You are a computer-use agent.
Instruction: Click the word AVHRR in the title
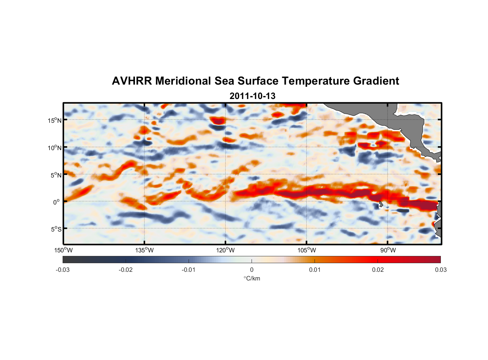(x=131, y=81)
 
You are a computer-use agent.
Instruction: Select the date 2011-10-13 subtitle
(x=252, y=96)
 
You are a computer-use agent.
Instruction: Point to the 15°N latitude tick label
(x=55, y=120)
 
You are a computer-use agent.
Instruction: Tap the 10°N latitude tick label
(x=55, y=148)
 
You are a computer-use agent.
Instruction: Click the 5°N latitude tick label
(x=56, y=175)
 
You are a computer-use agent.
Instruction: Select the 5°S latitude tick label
(x=56, y=229)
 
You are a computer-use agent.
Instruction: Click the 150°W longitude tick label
(x=63, y=250)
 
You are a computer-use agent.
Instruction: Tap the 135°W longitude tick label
(x=144, y=250)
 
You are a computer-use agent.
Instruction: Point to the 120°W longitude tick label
(x=225, y=250)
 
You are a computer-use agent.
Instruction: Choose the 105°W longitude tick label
(x=307, y=250)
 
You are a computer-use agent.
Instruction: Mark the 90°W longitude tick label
(x=388, y=250)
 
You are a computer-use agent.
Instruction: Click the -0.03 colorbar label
(x=63, y=270)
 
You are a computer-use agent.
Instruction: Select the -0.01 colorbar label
(x=189, y=270)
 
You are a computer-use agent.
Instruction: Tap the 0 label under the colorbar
(x=252, y=270)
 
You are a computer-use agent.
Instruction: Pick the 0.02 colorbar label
(x=378, y=270)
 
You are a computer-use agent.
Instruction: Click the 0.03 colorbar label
(x=440, y=270)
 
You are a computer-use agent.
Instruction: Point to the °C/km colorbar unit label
(x=252, y=278)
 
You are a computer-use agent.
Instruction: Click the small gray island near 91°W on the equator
(x=381, y=205)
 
